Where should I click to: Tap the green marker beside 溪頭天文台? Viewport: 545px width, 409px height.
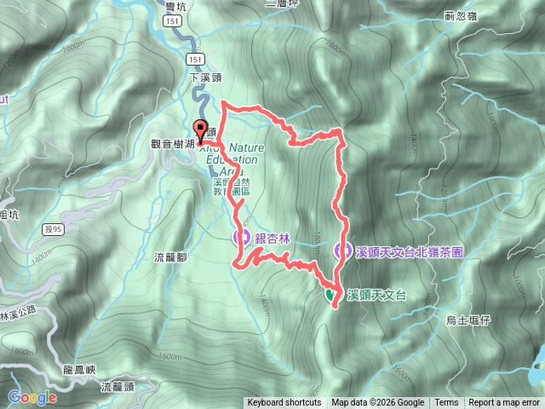point(330,295)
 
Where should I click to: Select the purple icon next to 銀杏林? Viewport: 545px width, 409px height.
point(241,236)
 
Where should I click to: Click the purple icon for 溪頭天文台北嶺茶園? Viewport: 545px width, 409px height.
point(342,251)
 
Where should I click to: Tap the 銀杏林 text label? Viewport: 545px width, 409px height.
point(271,236)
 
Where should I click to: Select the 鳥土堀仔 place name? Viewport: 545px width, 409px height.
point(468,320)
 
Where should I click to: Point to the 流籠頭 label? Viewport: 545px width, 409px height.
point(118,386)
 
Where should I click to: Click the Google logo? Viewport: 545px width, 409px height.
point(32,397)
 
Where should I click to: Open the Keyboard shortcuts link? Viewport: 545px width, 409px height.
point(284,403)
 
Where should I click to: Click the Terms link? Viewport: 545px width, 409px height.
point(446,403)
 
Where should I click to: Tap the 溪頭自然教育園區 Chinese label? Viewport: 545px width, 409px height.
point(231,187)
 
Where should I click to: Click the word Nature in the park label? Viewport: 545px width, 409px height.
point(247,147)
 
